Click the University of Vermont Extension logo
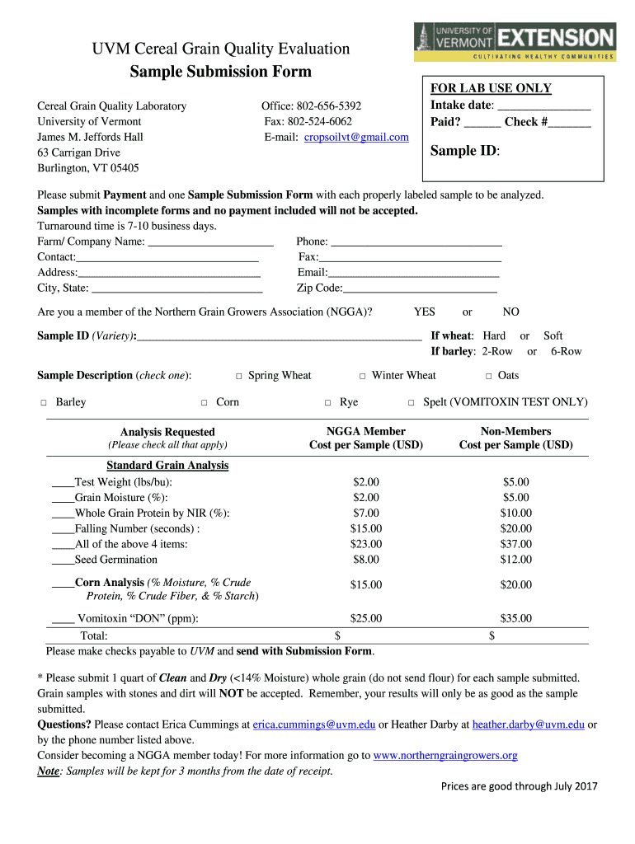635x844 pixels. point(515,41)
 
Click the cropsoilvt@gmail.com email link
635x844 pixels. point(356,137)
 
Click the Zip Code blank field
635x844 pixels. point(420,288)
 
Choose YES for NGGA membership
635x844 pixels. point(425,312)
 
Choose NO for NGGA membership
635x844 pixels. point(511,312)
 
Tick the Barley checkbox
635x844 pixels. point(43,403)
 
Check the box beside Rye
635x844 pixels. point(327,403)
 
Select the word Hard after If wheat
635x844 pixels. point(494,335)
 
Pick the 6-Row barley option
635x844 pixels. point(566,351)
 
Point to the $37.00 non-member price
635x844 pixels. point(516,544)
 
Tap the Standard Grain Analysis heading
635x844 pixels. point(167,466)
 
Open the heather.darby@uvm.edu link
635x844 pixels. point(528,724)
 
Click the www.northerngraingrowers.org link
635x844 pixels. point(445,756)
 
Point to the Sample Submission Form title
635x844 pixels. point(221,72)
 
